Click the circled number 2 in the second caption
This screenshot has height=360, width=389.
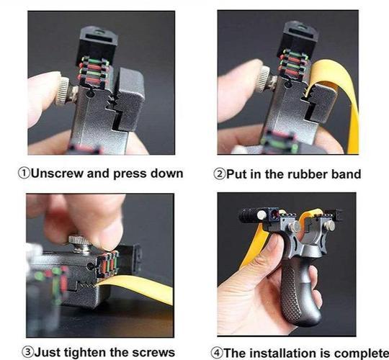(218, 174)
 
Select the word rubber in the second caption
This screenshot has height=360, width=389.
(294, 174)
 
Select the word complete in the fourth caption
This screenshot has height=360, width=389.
(357, 352)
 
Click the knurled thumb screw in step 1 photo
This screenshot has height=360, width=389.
(64, 91)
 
